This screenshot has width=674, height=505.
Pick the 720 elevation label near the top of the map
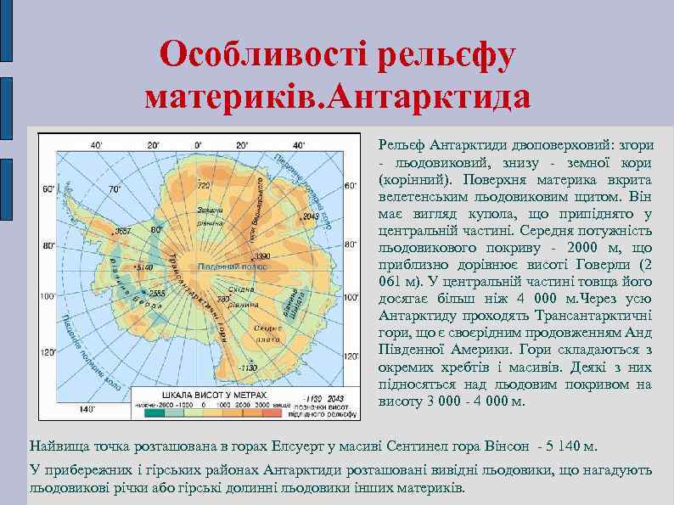click(205, 184)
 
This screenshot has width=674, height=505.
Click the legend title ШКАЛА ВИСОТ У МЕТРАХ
click(208, 396)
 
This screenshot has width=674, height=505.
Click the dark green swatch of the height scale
click(155, 415)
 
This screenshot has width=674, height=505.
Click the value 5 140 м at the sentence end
click(573, 446)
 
